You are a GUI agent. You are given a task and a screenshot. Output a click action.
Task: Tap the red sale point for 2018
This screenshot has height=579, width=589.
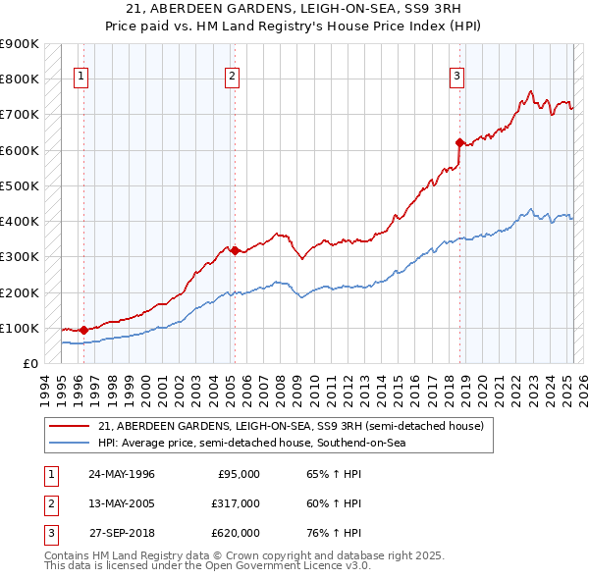tap(458, 142)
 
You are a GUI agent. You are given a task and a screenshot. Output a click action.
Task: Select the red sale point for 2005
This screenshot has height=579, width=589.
tap(234, 250)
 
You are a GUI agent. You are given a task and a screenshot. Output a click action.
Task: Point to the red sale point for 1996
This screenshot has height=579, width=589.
tap(83, 330)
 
